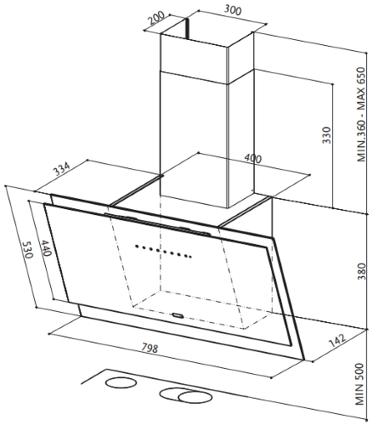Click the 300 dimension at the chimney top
(x=233, y=10)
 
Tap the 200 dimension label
(x=156, y=17)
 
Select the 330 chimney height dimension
(x=326, y=135)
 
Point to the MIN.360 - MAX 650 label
(x=361, y=114)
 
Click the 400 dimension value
(x=252, y=158)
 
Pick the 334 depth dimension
(x=61, y=168)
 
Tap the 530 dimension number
(x=28, y=250)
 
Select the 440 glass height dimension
(x=45, y=248)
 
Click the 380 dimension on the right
(x=361, y=271)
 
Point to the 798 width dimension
(x=150, y=348)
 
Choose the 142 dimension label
(x=337, y=341)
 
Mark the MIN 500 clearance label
(x=359, y=384)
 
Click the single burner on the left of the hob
(x=121, y=382)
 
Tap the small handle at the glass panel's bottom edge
(x=178, y=314)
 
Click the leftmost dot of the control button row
(x=137, y=246)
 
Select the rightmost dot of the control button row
(x=190, y=257)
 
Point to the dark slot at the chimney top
(x=187, y=29)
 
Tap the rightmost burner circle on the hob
(x=195, y=397)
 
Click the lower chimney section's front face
(x=194, y=139)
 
